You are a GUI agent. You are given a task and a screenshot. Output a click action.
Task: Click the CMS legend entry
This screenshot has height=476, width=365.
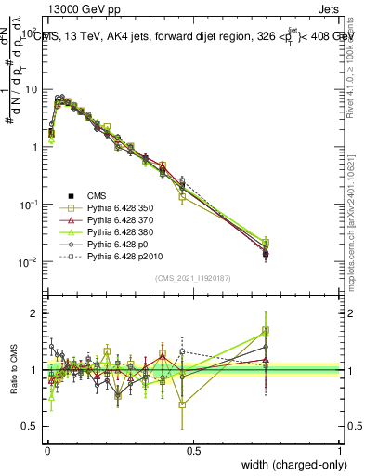click(x=85, y=195)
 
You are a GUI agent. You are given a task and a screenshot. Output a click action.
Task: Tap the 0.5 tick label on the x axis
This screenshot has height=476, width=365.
click(x=193, y=451)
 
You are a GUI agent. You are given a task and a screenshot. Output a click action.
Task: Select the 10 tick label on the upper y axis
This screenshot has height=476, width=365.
click(x=30, y=90)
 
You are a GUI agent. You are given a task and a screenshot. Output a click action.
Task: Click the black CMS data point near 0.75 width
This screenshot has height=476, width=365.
click(x=266, y=253)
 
